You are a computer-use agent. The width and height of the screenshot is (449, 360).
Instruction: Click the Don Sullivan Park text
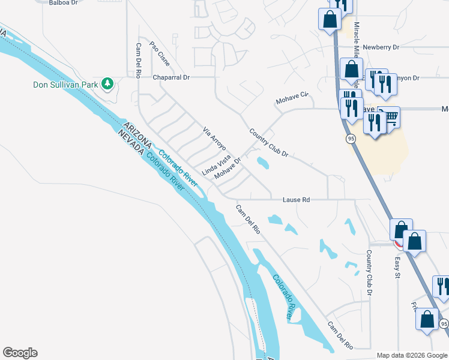coord(65,85)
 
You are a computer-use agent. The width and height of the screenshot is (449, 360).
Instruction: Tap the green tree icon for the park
coord(107,83)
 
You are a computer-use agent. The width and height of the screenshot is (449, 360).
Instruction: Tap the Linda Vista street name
coord(216,164)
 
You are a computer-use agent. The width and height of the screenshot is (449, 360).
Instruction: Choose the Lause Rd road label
coord(296,199)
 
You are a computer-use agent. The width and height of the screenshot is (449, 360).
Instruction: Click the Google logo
coord(20,353)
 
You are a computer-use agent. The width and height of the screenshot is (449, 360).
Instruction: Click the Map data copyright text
coord(412,355)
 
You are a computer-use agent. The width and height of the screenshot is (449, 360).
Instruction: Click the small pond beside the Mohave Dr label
coord(262,162)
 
